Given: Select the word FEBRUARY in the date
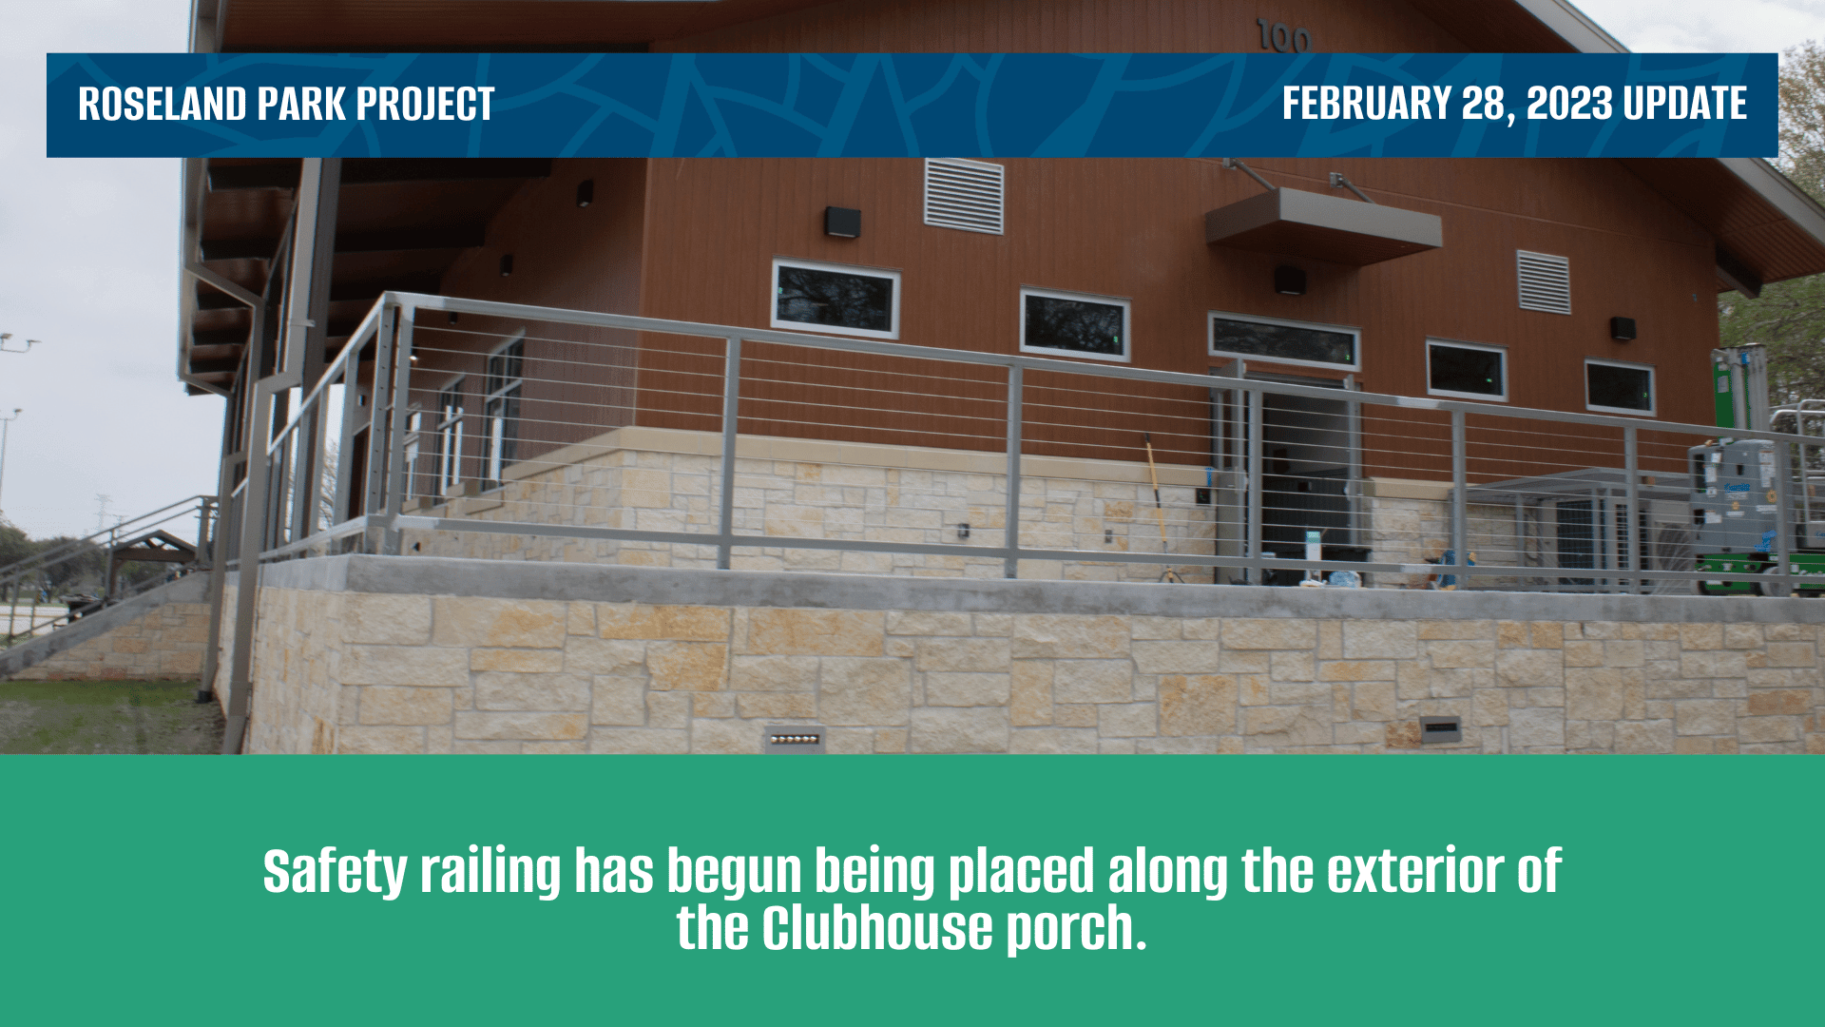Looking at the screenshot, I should (1366, 104).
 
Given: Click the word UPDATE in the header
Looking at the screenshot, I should (1684, 104).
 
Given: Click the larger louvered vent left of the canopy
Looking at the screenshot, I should (964, 196).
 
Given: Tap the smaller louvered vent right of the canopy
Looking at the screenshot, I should (1544, 281).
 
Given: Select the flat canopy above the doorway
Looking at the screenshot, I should (1323, 226).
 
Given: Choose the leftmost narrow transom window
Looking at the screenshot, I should (836, 299).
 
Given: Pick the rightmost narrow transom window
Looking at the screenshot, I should (1620, 387).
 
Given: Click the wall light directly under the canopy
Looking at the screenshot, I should (1290, 280).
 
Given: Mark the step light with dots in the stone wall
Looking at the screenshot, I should (795, 739).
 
